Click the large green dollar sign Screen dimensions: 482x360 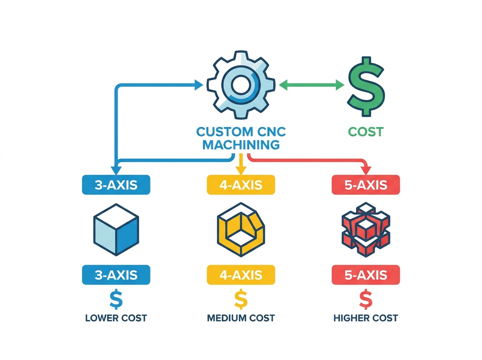(365, 86)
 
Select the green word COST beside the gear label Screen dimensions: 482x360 (366, 132)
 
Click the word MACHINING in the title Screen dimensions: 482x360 (241, 145)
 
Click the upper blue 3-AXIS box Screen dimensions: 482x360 (116, 185)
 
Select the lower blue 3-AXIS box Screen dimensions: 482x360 (116, 275)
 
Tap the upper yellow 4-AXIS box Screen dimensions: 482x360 (241, 185)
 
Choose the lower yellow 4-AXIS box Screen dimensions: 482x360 (241, 275)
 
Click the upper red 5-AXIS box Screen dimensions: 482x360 (366, 185)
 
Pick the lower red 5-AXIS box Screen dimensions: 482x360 (366, 275)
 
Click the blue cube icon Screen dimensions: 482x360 (116, 229)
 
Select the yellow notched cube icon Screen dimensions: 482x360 (241, 229)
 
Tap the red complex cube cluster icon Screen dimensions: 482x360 (366, 229)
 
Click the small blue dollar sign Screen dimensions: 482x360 (116, 299)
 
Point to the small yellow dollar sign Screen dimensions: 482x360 (241, 299)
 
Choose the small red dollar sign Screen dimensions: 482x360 (366, 299)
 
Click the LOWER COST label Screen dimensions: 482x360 (116, 318)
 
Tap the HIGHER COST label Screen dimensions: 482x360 (366, 318)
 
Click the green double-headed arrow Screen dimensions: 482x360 (311, 85)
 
